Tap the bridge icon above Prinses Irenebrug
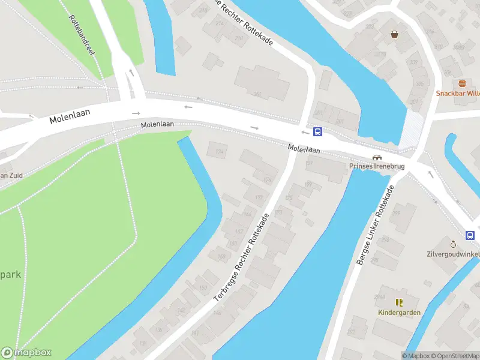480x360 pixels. pyautogui.click(x=377, y=157)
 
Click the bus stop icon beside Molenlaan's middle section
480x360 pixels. pyautogui.click(x=318, y=132)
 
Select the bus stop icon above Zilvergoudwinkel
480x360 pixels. pyautogui.click(x=471, y=235)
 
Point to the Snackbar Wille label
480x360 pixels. pyautogui.click(x=458, y=93)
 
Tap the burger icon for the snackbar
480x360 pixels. pyautogui.click(x=462, y=83)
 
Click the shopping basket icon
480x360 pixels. pyautogui.click(x=395, y=34)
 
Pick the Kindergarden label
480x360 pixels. pyautogui.click(x=399, y=313)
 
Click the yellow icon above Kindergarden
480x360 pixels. pyautogui.click(x=399, y=302)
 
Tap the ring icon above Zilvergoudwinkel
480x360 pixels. pyautogui.click(x=454, y=244)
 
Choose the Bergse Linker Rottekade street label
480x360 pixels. pyautogui.click(x=374, y=225)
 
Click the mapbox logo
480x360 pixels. pyautogui.click(x=26, y=353)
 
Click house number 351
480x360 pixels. pyautogui.click(x=257, y=94)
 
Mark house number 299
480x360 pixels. pyautogui.click(x=396, y=214)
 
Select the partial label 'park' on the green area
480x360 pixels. pyautogui.click(x=11, y=274)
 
